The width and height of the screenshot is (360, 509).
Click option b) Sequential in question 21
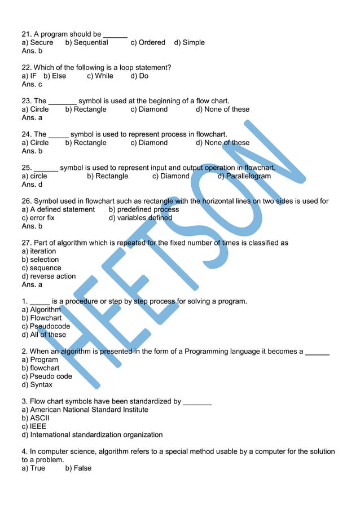(86, 42)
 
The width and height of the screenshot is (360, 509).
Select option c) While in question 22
(100, 76)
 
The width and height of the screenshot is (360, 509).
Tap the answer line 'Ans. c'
(32, 84)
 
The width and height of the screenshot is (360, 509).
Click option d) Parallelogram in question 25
(244, 176)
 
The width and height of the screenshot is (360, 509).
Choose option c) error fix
(38, 218)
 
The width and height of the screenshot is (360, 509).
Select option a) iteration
(39, 251)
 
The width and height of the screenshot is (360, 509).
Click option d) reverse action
(49, 277)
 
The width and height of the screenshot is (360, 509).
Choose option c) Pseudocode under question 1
(46, 326)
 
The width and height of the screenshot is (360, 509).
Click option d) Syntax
(37, 385)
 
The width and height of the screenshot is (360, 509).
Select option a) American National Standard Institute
(85, 410)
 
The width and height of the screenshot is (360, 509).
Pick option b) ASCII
(36, 418)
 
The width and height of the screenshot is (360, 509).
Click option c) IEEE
(34, 427)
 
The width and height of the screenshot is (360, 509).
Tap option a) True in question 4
(33, 468)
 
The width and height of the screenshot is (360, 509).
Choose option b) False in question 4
(78, 468)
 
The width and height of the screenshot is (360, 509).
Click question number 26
(27, 201)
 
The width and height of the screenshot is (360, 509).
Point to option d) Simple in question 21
(189, 42)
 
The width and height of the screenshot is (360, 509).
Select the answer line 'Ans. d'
(32, 185)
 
